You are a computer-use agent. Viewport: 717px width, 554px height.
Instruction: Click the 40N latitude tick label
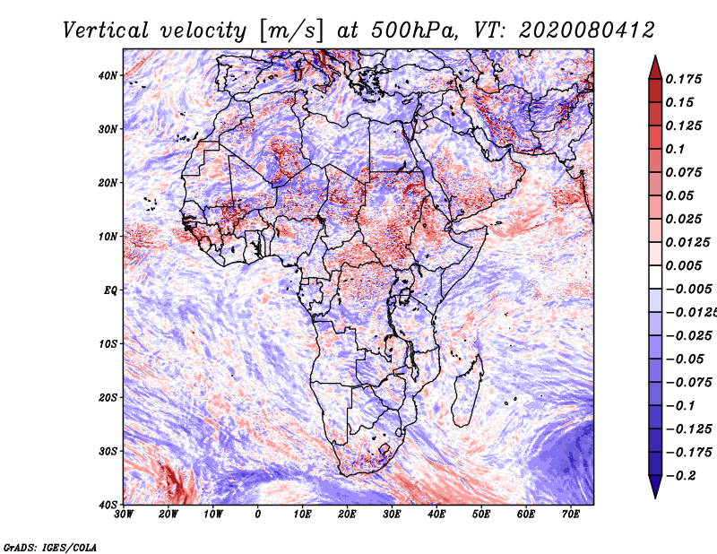pos(107,75)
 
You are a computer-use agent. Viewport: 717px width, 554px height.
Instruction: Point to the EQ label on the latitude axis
pos(110,290)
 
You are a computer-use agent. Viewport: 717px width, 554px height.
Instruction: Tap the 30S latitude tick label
pos(108,451)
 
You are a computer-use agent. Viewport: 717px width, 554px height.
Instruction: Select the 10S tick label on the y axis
pos(108,343)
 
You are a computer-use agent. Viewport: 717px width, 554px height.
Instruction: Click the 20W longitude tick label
pos(168,515)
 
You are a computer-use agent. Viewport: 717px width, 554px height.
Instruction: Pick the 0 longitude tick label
pos(258,515)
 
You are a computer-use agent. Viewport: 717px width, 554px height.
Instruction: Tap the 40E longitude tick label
pos(436,515)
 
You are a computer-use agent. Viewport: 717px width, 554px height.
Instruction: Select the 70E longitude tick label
pos(571,515)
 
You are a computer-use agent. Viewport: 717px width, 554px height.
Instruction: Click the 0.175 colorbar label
pos(683,79)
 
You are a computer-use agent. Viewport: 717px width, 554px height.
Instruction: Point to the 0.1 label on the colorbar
pos(676,149)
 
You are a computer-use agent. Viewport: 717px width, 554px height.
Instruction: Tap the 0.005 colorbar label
pos(683,265)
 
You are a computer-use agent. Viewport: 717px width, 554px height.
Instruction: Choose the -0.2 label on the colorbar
pos(680,476)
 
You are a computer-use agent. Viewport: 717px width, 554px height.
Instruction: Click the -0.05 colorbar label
pos(685,359)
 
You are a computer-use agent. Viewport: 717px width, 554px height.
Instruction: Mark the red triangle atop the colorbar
pos(655,68)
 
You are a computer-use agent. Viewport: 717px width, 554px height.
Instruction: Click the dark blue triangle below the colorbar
pos(655,487)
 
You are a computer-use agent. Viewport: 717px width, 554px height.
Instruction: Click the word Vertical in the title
pos(106,30)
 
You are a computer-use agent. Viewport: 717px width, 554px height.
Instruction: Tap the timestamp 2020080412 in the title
pos(587,30)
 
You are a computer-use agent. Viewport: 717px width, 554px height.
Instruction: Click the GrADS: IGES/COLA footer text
pos(50,548)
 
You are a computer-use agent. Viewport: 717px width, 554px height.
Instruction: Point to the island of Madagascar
pos(467,390)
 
